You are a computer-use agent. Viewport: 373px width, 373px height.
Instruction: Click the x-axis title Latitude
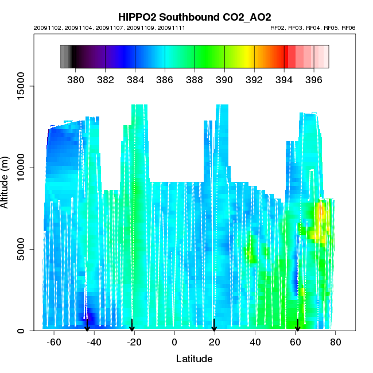pos(194,359)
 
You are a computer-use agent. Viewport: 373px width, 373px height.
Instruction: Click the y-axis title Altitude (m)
pos(7,182)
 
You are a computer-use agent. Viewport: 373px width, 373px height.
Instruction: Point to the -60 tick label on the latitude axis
pos(54,342)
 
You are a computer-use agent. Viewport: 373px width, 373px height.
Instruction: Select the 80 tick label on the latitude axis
pos(335,342)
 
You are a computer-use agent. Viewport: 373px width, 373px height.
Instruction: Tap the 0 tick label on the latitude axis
pos(174,342)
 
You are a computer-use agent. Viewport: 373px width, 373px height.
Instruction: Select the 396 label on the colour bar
pos(313,79)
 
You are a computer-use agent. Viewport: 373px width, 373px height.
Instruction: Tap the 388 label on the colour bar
pos(195,79)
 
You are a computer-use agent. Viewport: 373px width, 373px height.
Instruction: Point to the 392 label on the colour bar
pos(254,79)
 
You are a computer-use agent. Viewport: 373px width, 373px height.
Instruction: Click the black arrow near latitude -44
pos(87,325)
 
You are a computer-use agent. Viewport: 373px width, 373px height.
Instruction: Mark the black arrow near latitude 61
pos(297,325)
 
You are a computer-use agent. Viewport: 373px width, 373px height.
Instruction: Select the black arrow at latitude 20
pos(214,325)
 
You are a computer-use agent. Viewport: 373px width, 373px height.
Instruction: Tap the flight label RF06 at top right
pos(348,28)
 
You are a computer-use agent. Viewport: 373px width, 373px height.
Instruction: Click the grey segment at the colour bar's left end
pos(65,57)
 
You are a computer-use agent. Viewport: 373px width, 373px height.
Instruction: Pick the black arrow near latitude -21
pos(132,325)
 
